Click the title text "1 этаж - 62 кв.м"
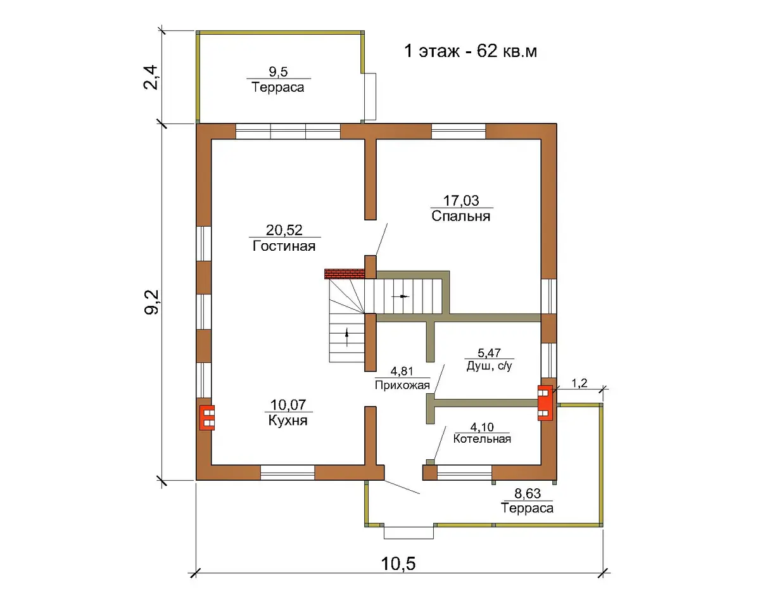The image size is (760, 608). (471, 51)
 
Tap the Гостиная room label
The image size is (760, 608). (284, 246)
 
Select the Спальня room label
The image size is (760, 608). (461, 216)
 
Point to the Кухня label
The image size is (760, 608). (288, 421)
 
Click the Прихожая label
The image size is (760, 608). (402, 384)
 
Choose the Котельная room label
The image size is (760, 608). (482, 439)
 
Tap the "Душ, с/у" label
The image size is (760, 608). (489, 366)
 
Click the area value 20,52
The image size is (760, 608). (284, 230)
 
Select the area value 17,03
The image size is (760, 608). (461, 201)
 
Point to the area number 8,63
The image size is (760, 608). (528, 493)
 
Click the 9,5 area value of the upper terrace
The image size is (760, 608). (278, 72)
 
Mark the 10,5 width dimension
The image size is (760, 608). (398, 564)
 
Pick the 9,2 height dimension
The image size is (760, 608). (152, 301)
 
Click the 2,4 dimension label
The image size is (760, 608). (151, 77)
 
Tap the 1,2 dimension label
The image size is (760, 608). (579, 383)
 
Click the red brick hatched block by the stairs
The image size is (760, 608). (345, 274)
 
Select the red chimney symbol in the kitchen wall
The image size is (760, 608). (207, 417)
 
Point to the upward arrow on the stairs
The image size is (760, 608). (347, 337)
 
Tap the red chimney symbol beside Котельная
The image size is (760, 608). (545, 403)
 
